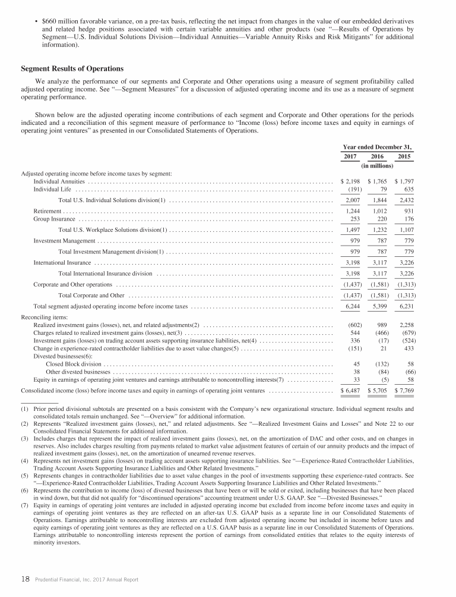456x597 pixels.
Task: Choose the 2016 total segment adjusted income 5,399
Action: (x=378, y=307)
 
